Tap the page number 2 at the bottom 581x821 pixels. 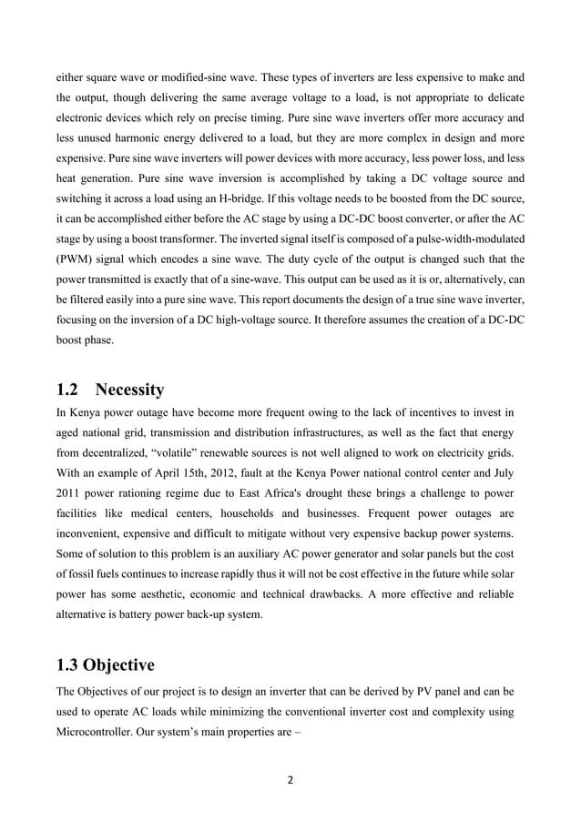point(290,780)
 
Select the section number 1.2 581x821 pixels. point(69,390)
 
